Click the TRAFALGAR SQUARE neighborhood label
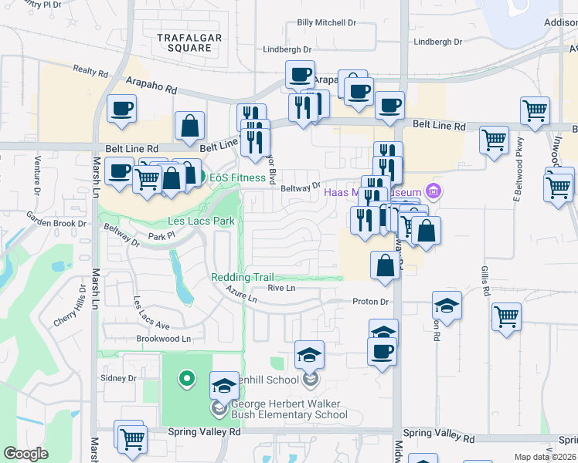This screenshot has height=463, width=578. (184, 42)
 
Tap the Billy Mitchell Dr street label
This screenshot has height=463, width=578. (327, 23)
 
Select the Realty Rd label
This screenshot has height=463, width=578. (91, 72)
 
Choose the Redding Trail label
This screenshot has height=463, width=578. (243, 277)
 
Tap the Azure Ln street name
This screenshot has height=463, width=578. (241, 295)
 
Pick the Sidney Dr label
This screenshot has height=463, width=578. (118, 378)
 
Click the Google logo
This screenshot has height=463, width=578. (25, 453)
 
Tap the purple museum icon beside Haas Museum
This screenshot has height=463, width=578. (433, 191)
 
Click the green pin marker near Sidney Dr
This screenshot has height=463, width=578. (185, 378)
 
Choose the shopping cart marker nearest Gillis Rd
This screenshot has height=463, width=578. (506, 316)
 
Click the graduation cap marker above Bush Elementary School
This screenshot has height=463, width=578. (224, 385)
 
